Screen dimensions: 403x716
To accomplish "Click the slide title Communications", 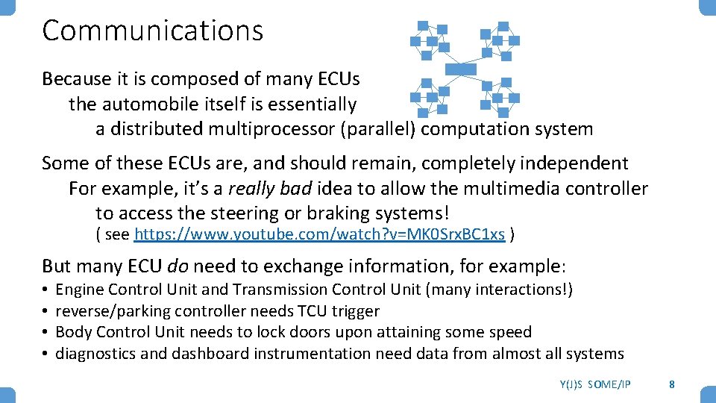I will (153, 31).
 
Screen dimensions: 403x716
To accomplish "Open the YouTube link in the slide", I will (319, 235).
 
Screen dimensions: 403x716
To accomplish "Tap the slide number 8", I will (672, 384).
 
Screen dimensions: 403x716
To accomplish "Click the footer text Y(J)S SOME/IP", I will (594, 384).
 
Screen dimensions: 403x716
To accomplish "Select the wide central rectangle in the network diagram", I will (460, 69).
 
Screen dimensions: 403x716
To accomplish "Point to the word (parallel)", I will (378, 129).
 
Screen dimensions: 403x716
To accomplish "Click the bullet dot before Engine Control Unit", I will (45, 290).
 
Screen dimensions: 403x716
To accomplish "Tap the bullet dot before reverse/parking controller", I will (45, 311).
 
